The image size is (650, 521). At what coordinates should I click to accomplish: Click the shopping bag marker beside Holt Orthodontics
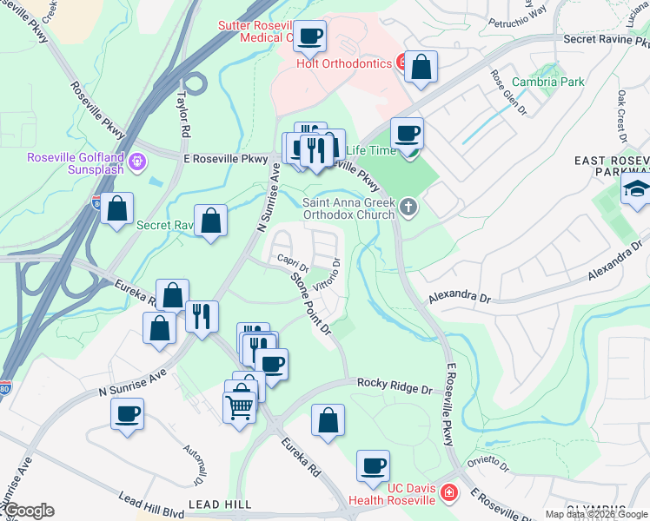click(421, 68)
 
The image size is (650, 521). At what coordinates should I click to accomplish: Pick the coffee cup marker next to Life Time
click(407, 135)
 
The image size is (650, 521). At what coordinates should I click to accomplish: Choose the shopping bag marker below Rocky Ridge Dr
click(328, 421)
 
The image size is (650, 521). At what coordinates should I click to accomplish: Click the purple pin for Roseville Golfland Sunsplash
click(136, 161)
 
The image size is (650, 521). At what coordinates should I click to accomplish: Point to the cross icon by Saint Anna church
click(408, 207)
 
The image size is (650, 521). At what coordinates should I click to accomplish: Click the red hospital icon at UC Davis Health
click(448, 493)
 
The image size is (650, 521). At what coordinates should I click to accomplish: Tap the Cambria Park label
click(547, 82)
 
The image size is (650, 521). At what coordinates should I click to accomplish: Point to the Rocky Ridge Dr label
click(395, 386)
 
